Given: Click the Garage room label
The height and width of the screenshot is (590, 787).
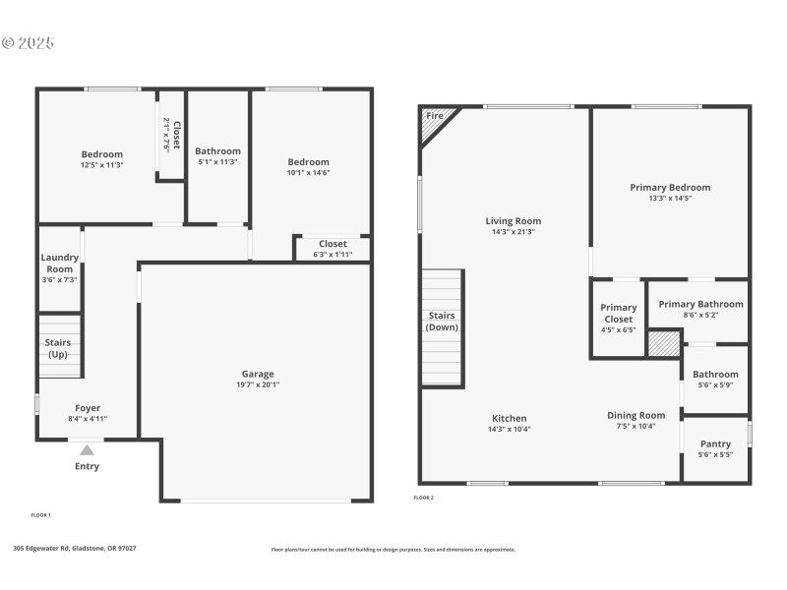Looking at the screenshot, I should click(x=258, y=374).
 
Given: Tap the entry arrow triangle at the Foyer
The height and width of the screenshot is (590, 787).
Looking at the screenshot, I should click(x=87, y=450).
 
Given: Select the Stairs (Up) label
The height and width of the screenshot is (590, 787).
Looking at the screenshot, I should click(x=58, y=348).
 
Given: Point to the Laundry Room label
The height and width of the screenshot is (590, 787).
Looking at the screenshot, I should click(x=60, y=263).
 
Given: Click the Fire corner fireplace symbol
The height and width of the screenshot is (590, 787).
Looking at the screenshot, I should click(x=434, y=118).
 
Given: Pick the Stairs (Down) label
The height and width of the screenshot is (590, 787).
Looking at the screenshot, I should click(x=442, y=322).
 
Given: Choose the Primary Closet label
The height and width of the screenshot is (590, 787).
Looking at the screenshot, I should click(x=619, y=313).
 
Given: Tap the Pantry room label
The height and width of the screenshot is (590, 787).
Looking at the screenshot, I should click(x=715, y=443).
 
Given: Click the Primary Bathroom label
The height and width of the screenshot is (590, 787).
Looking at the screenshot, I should click(x=700, y=304).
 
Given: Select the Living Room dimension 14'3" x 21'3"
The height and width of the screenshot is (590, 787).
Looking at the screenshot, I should click(x=514, y=232).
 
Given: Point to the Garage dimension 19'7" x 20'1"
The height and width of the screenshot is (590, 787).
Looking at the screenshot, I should click(x=258, y=384).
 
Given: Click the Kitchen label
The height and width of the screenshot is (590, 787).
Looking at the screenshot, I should click(x=508, y=418).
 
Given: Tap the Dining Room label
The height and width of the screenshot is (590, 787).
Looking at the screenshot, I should click(x=636, y=415).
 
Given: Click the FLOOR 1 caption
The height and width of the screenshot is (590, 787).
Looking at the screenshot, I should click(x=41, y=515).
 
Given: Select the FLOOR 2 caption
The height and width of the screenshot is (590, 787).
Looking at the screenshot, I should click(x=424, y=498).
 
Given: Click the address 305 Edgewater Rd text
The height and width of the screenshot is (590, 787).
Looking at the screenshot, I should click(x=75, y=549).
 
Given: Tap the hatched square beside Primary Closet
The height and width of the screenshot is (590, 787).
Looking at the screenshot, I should click(x=664, y=343).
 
